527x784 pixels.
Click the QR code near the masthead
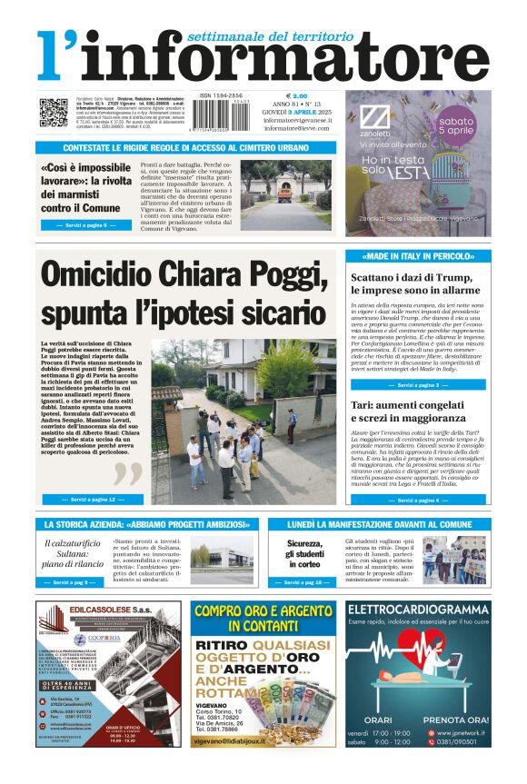[53, 113]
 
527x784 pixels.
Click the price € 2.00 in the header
[296, 95]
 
